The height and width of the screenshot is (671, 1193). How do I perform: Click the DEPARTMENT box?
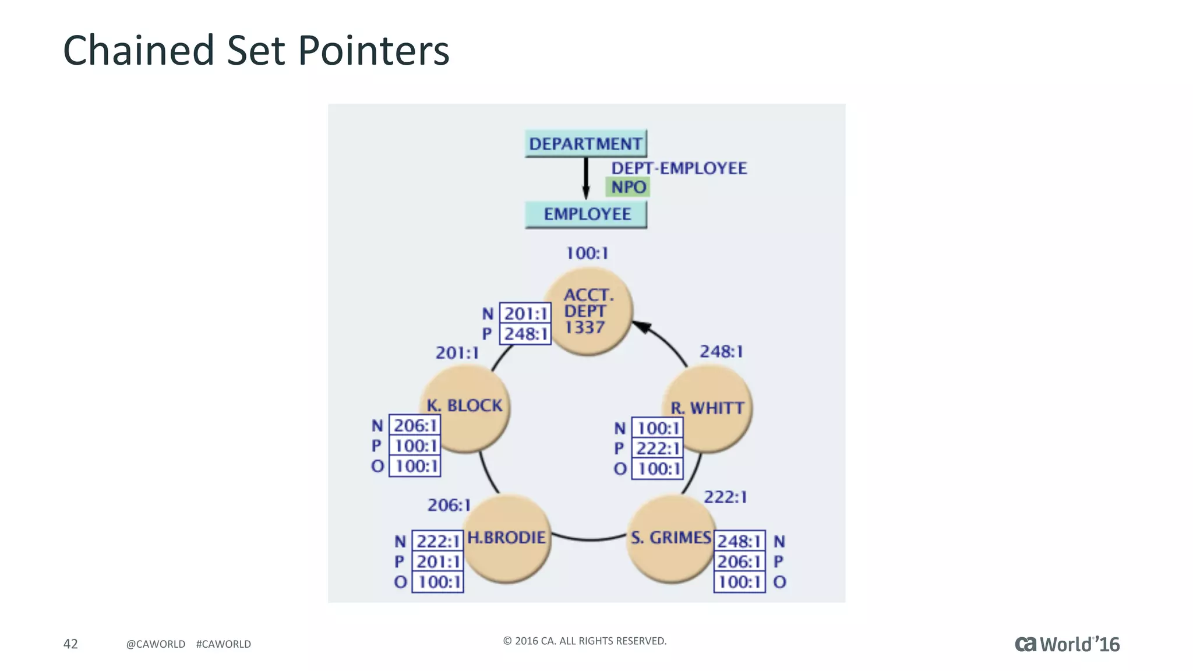tap(585, 143)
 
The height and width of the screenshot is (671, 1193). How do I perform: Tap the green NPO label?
tap(628, 187)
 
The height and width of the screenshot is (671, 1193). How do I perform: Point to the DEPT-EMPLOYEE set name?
tap(679, 168)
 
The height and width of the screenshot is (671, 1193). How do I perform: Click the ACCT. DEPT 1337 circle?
tap(588, 312)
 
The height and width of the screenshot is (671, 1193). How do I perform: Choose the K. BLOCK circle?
tap(466, 408)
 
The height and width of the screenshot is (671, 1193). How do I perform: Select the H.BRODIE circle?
tap(507, 539)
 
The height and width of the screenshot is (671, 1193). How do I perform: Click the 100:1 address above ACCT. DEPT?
tap(587, 253)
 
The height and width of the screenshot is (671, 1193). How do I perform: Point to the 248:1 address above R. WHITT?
tap(721, 352)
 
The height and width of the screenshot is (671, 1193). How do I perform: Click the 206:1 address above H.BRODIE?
tap(449, 505)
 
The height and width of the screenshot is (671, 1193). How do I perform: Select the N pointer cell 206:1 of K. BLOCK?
tap(415, 426)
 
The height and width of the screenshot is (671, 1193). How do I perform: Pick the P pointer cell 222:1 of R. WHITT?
tap(658, 448)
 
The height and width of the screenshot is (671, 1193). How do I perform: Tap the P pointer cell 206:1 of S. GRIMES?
tap(739, 561)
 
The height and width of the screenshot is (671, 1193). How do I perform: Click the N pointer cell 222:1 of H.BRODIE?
tap(437, 541)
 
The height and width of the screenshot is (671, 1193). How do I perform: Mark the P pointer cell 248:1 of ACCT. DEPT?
tap(525, 334)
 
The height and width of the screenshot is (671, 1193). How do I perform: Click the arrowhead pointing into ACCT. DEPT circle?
tap(641, 327)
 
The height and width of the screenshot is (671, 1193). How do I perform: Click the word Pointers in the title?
tap(373, 51)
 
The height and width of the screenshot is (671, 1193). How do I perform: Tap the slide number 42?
tap(70, 644)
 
